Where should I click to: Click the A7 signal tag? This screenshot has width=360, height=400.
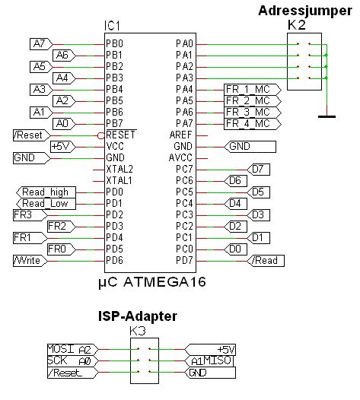pyautogui.click(x=39, y=44)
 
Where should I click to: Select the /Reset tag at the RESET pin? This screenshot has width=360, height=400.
pyautogui.click(x=30, y=135)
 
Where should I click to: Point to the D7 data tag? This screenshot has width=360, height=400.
pyautogui.click(x=260, y=169)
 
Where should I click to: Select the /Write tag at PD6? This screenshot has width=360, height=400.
pyautogui.click(x=30, y=260)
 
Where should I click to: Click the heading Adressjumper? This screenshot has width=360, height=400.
pyautogui.click(x=304, y=11)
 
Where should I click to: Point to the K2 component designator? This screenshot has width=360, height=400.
pyautogui.click(x=298, y=25)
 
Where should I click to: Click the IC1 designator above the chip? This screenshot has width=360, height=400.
pyautogui.click(x=113, y=27)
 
